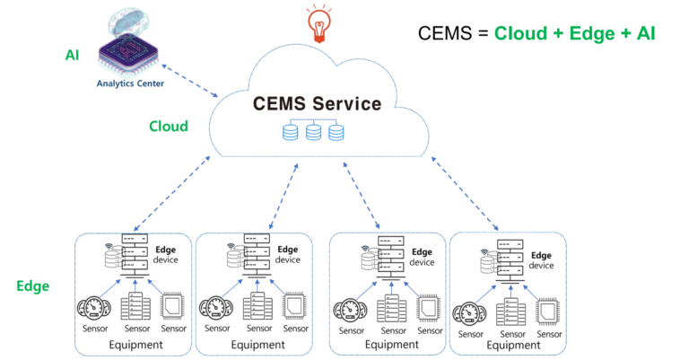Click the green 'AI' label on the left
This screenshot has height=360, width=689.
73,55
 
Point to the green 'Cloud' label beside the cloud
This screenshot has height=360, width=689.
169,127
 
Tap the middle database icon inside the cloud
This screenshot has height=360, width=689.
313,134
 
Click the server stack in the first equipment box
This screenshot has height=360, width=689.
132,258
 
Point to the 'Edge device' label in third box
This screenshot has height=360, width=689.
420,257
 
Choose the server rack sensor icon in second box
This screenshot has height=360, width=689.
253,306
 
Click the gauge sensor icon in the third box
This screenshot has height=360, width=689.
351,311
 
